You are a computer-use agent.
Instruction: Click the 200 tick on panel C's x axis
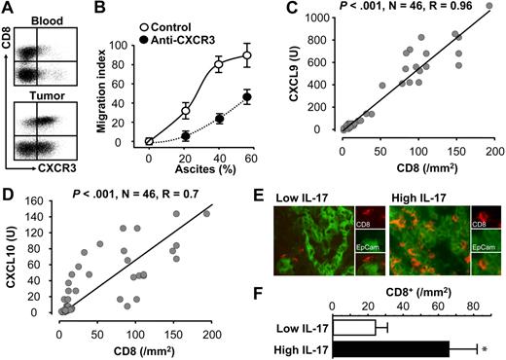491,141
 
